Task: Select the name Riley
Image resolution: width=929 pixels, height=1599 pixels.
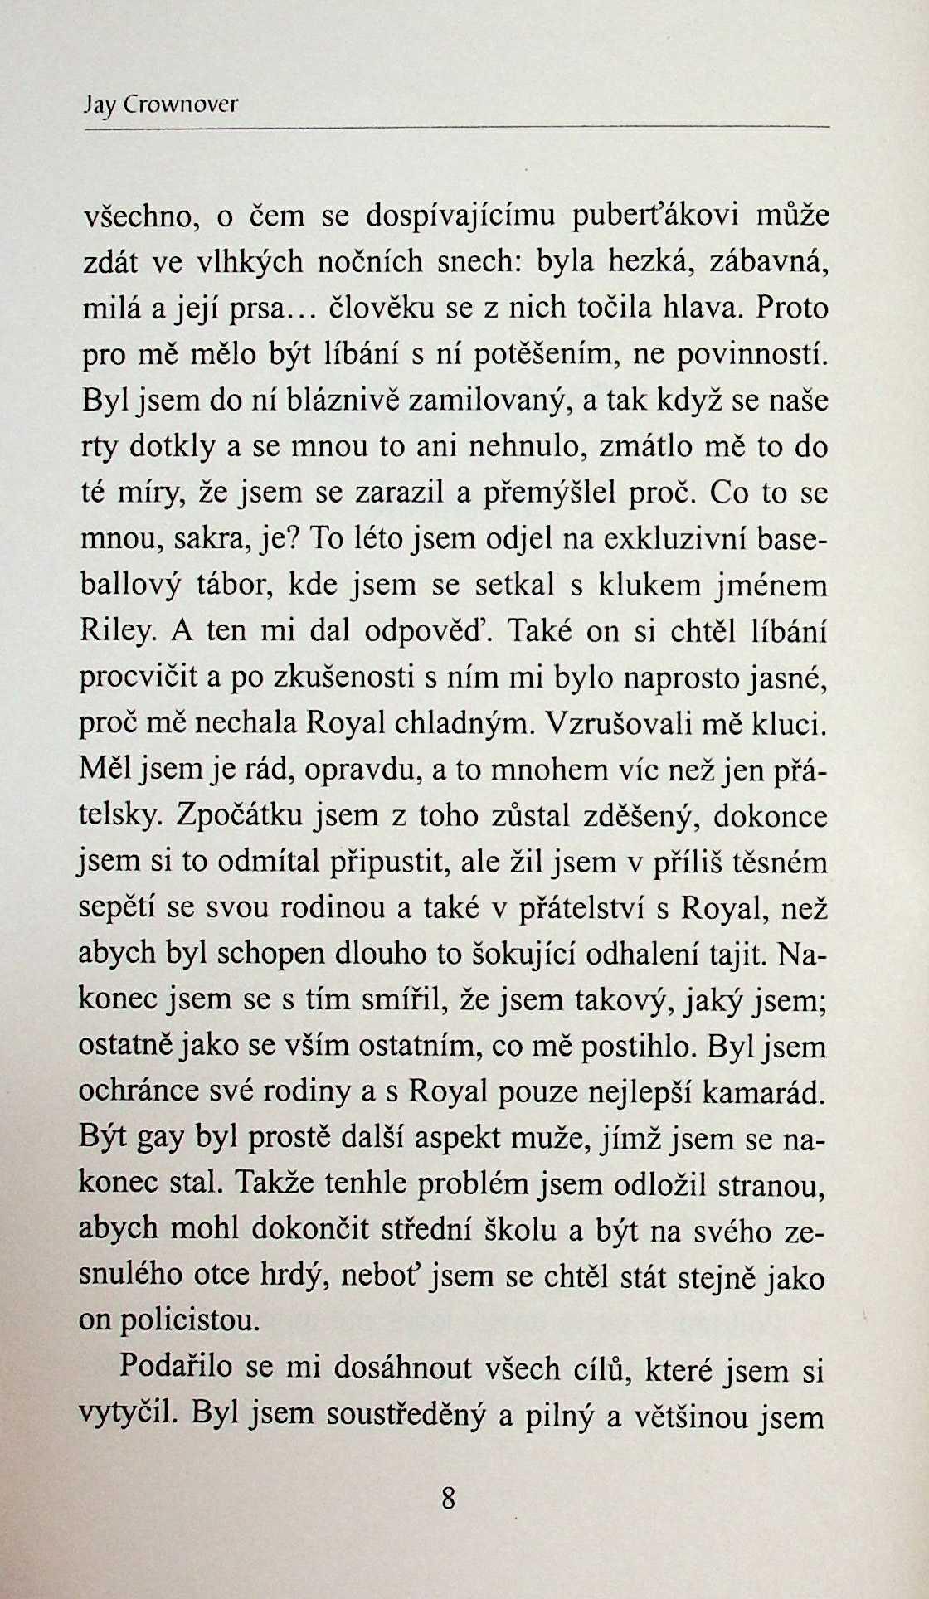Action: pos(115,633)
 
